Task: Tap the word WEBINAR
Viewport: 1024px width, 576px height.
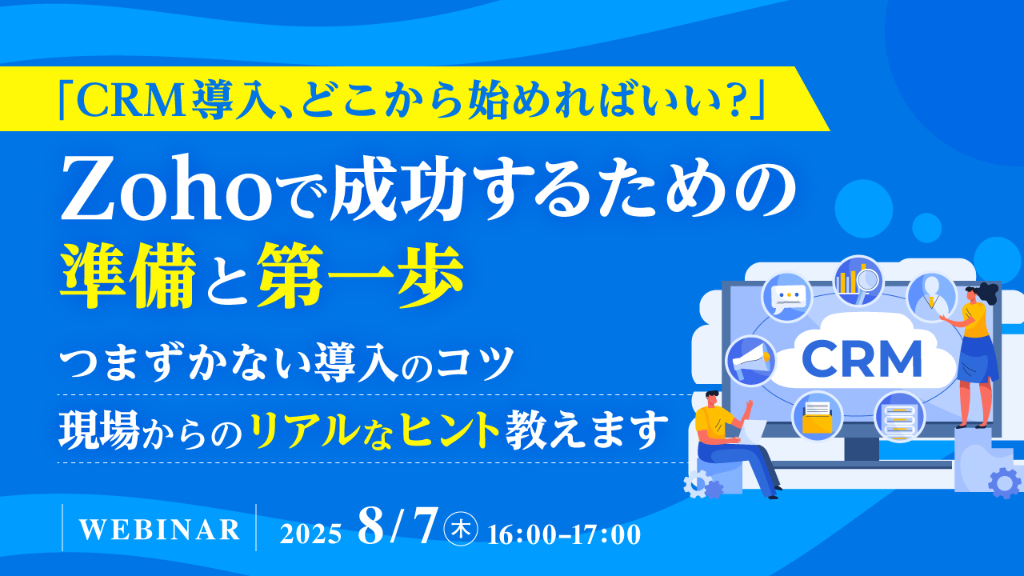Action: (x=160, y=529)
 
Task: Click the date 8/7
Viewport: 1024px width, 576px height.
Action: (x=398, y=527)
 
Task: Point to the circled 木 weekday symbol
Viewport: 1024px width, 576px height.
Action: (x=462, y=529)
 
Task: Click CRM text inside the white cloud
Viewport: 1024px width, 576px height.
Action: (x=862, y=359)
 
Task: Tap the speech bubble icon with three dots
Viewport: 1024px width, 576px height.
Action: (x=786, y=296)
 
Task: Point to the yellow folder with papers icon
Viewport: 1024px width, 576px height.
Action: (x=818, y=416)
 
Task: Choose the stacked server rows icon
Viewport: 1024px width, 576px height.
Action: (x=899, y=416)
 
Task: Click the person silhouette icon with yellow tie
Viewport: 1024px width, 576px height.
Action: (x=931, y=296)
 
